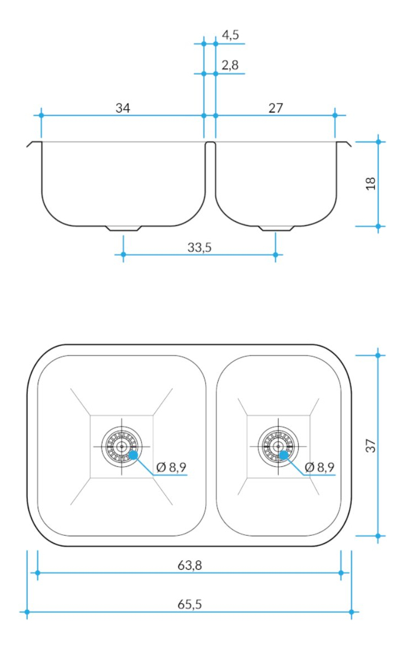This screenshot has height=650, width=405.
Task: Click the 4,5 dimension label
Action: tap(230, 35)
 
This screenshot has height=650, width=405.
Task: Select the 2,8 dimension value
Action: tap(230, 65)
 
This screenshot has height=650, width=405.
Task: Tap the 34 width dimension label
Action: tap(122, 108)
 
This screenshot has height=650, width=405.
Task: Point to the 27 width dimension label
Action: tap(276, 108)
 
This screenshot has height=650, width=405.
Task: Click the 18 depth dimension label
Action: tap(371, 183)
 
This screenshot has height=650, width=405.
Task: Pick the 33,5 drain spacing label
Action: tap(200, 247)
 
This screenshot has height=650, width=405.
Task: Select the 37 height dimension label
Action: tap(371, 446)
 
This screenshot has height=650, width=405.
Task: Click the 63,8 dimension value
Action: tap(190, 565)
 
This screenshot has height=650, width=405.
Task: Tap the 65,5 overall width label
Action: tap(190, 604)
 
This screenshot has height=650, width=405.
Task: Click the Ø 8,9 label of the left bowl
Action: tap(171, 468)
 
